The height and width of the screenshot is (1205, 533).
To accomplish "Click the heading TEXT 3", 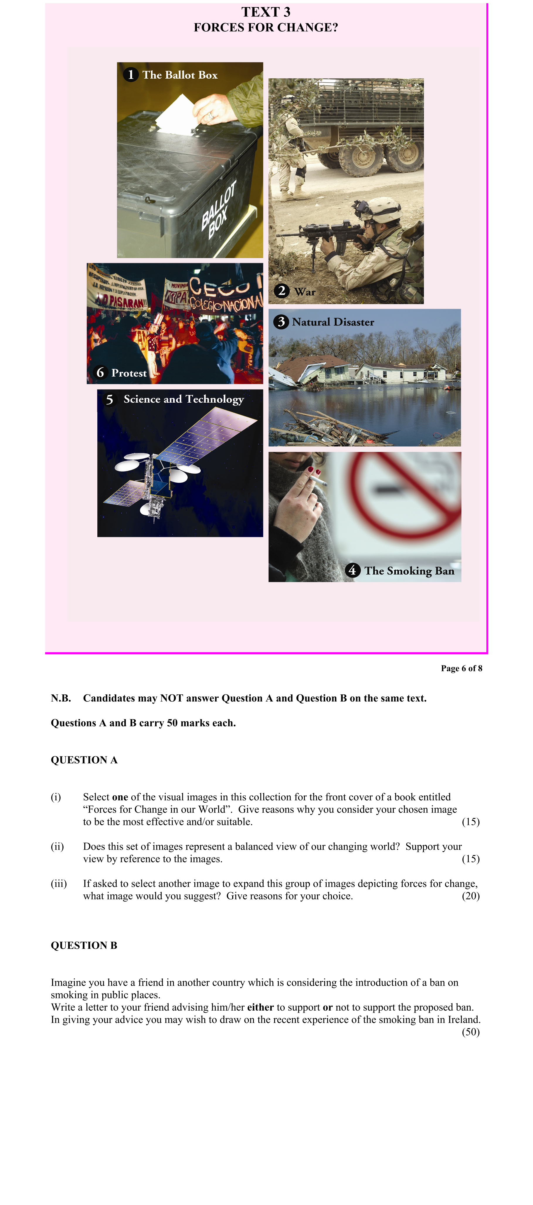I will click(266, 12).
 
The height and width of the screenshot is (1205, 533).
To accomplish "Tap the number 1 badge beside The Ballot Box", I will click(130, 75).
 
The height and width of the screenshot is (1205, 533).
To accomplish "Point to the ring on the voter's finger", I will click(211, 115).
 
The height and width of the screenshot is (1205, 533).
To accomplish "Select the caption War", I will click(305, 292).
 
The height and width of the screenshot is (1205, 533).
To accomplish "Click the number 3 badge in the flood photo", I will click(281, 322).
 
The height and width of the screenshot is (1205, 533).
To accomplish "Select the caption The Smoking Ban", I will click(409, 571).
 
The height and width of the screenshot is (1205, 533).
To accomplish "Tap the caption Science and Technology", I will click(184, 399).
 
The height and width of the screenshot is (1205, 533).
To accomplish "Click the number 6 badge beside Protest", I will click(100, 372).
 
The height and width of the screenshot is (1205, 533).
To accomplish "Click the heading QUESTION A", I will click(84, 760).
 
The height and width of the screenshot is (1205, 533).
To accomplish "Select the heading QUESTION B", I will click(84, 945).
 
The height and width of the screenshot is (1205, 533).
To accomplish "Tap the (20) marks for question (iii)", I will click(470, 896).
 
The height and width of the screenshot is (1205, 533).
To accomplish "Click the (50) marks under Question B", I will click(470, 1032).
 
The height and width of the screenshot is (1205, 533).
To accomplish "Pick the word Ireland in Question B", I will click(463, 1020).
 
